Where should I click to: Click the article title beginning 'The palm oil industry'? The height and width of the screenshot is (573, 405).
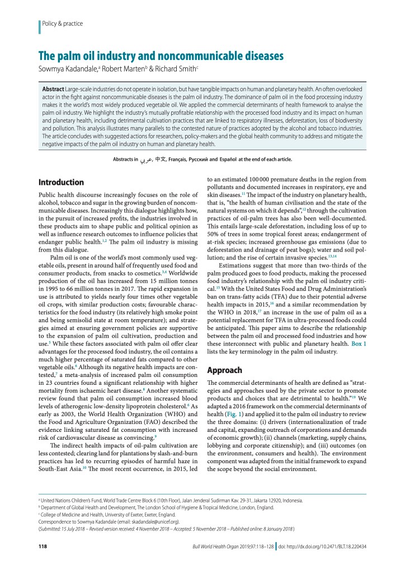161,56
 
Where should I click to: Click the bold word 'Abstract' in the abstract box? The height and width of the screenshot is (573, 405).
53,90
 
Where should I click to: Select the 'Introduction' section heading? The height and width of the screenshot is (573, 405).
61,182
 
